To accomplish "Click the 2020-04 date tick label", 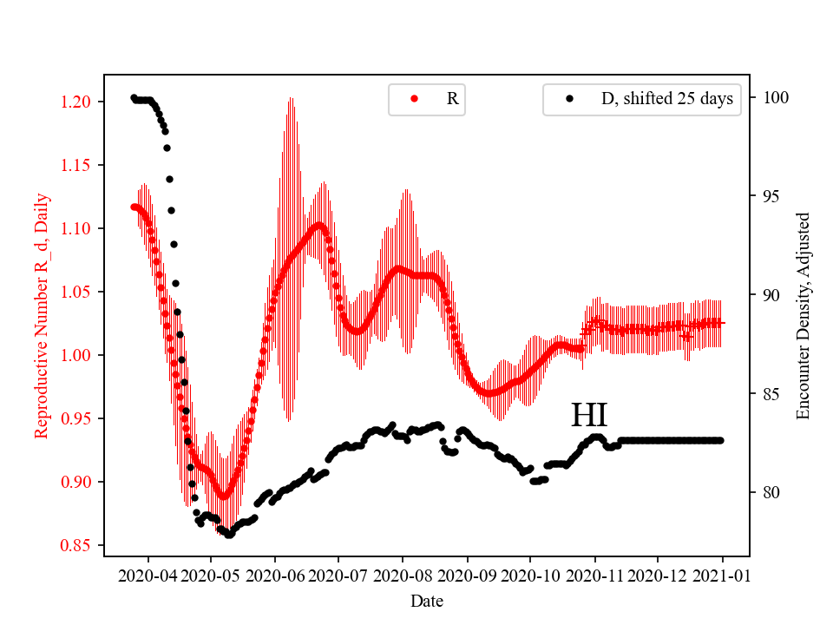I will point(148,576).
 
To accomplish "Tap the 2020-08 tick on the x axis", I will point(403,576).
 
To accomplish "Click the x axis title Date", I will point(426,600).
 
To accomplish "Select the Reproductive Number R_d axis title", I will point(41,315).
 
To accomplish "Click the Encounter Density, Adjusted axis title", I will point(803,315).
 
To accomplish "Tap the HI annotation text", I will point(589,416).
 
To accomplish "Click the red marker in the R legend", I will point(414,99).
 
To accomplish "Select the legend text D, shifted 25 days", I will point(666,99).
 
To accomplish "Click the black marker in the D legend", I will point(569,99).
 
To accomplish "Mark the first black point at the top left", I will point(134,97).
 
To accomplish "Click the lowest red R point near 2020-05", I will point(224,497).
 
